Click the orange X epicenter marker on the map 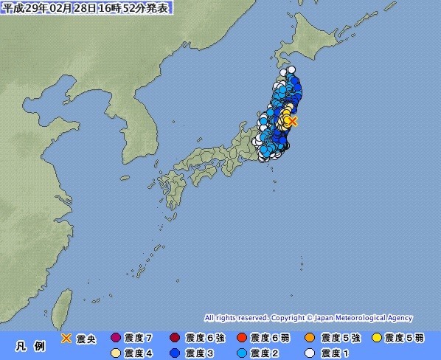(x=293, y=120)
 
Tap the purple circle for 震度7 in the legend (x=115, y=338)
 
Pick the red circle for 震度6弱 (x=241, y=338)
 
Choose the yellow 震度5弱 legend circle (x=378, y=338)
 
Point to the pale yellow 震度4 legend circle (x=115, y=353)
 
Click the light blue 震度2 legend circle (x=241, y=353)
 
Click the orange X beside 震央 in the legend (x=66, y=338)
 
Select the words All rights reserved (x=235, y=317)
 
